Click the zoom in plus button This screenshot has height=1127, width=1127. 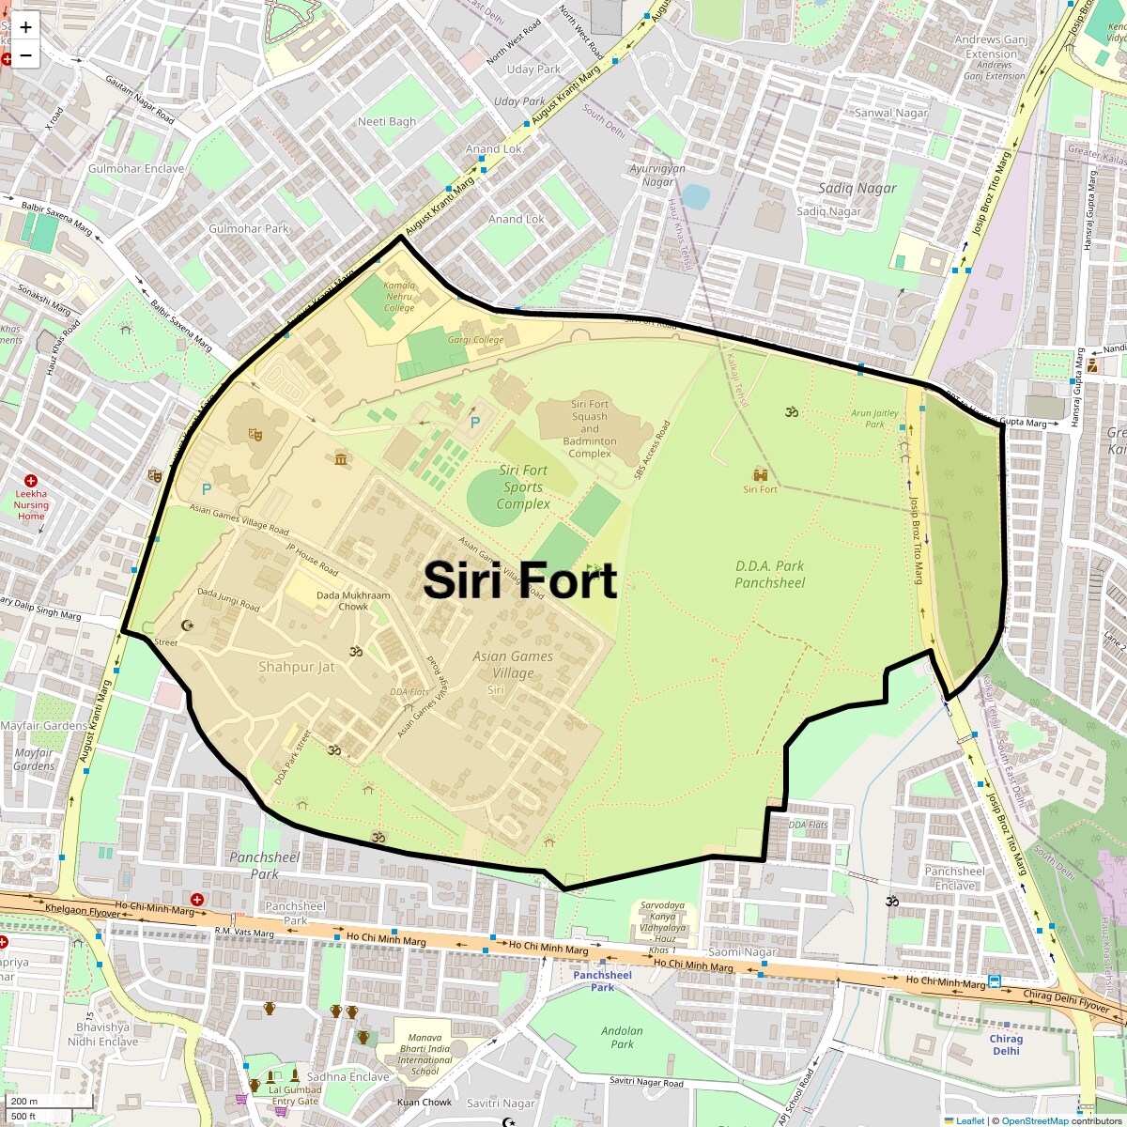(25, 27)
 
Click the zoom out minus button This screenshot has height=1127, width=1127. (25, 55)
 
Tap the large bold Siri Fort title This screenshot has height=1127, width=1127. (519, 580)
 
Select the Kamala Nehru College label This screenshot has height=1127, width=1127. (399, 296)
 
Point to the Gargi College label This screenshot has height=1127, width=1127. (475, 340)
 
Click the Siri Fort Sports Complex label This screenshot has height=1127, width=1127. (523, 486)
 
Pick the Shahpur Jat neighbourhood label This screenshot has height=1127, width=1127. (296, 667)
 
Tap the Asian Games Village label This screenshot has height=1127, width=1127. (513, 665)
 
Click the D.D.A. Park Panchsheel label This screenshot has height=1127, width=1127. (770, 574)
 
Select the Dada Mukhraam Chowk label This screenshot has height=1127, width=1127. (353, 601)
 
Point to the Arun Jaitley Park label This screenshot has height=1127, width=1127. (874, 418)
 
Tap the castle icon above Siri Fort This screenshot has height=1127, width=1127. (760, 475)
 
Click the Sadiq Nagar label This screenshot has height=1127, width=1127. (857, 188)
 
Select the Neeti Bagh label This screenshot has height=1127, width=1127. (387, 121)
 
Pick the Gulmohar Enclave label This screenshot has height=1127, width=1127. (136, 169)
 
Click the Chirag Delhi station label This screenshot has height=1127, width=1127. (1006, 1044)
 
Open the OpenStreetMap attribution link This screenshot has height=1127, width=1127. (1034, 1120)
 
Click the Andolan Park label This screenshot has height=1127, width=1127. (622, 1037)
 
